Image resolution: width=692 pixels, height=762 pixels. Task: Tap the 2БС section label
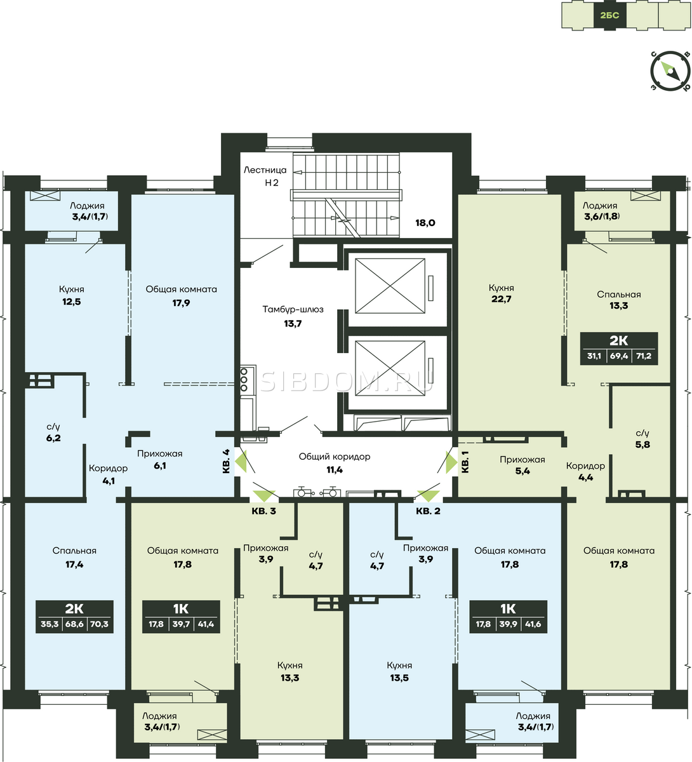pos(610,15)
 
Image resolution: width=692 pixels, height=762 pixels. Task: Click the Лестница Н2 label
pos(265,177)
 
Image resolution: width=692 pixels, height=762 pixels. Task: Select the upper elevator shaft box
pos(390,286)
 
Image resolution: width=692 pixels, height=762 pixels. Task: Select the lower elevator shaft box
pos(390,368)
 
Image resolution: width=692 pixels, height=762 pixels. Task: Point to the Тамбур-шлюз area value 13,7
pos(293,324)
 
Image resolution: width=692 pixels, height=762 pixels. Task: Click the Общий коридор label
pos(334,456)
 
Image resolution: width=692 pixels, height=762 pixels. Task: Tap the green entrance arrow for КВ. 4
pos(241,462)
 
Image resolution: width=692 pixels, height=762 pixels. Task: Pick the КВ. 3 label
pos(263,511)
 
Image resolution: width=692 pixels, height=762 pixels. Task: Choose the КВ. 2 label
pos(428,511)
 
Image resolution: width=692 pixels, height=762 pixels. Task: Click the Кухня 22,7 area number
pos(501,299)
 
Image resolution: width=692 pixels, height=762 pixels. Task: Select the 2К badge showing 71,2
pos(619,349)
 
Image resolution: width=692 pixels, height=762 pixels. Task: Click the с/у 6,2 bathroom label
pos(53,432)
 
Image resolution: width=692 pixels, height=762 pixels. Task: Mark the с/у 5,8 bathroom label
pos(642,438)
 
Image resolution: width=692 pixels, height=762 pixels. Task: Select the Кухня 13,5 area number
pos(399,678)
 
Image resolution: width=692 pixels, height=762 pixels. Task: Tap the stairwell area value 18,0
pos(425,223)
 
